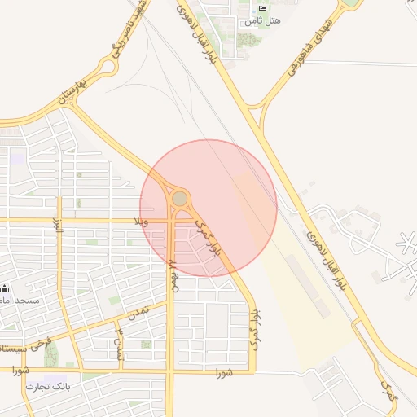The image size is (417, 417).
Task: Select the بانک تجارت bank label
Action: pyautogui.click(x=49, y=385)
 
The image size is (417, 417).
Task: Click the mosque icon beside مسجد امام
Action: pyautogui.click(x=5, y=288)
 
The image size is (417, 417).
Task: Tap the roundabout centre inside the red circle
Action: pyautogui.click(x=179, y=199)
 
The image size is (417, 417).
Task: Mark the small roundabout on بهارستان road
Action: pyautogui.click(x=106, y=68)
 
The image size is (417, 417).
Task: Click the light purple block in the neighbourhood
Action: pyautogui.click(x=17, y=158)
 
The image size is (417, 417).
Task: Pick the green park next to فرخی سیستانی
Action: pyautogui.click(x=51, y=353)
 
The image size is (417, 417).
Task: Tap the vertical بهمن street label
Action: pyautogui.click(x=172, y=277)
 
